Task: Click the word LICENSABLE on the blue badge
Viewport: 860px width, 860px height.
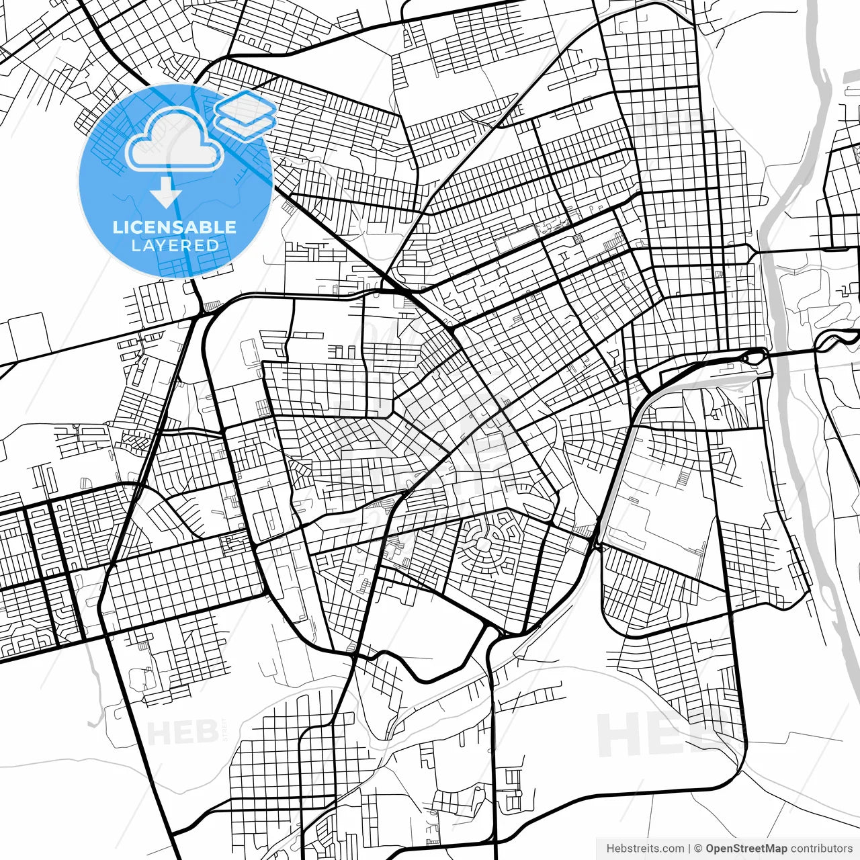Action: (x=175, y=227)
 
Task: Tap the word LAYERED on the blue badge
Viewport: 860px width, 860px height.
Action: (x=175, y=246)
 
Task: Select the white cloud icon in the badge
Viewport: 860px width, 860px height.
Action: (x=175, y=141)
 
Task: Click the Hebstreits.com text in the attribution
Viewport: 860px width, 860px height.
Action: (x=645, y=849)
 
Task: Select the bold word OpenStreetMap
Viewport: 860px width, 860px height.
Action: (x=746, y=849)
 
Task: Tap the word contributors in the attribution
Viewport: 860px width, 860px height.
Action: (x=822, y=849)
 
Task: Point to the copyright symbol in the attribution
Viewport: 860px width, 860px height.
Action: (x=699, y=849)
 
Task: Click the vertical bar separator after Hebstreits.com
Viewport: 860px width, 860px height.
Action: (x=690, y=849)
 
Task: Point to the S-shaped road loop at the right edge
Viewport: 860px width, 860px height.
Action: (x=833, y=341)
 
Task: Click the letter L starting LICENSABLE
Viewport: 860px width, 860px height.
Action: (x=117, y=227)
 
